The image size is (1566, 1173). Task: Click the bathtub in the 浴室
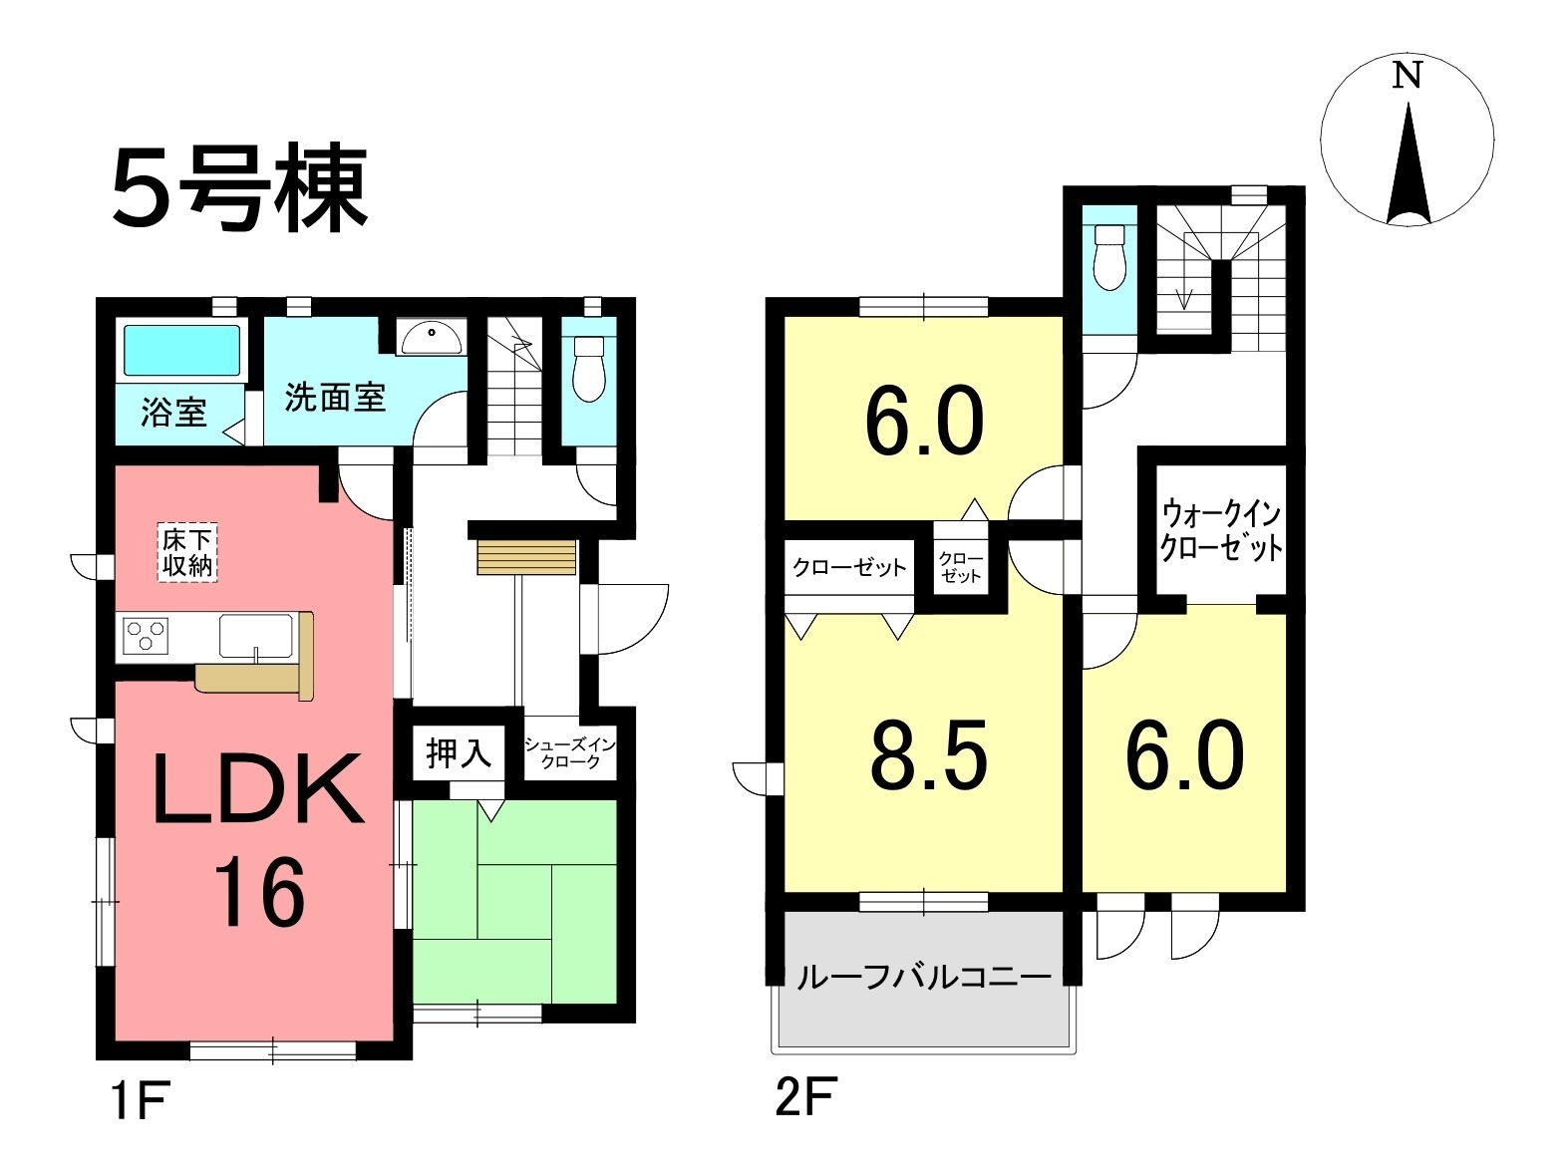pos(182,350)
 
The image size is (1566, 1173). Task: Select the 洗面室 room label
pos(335,398)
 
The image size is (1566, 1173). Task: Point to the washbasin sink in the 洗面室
pos(431,337)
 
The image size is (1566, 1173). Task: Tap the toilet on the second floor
pos(1108,257)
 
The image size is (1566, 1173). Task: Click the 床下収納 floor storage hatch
pos(187,553)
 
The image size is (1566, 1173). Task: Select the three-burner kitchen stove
pos(147,635)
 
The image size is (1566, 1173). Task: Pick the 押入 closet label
pos(459,753)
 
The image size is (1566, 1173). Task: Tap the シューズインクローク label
pos(569,753)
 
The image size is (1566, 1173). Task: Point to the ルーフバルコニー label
pos(924,977)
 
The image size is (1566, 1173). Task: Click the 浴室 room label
pos(173,413)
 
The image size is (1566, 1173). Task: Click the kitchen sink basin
pos(255,636)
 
